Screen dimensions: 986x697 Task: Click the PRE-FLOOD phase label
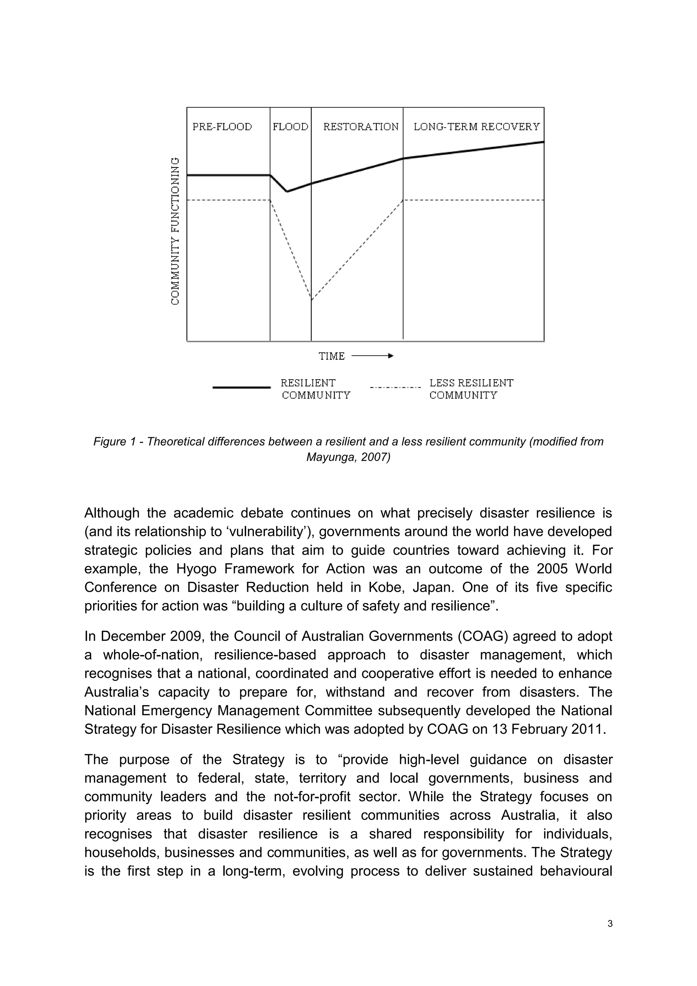tap(222, 127)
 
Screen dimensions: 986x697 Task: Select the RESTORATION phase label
tap(360, 127)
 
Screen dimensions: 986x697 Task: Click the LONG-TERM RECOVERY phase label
tap(476, 127)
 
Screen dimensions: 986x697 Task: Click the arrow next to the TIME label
tap(372, 355)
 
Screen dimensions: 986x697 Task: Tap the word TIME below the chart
tap(331, 356)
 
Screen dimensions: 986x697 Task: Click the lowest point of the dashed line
tap(312, 299)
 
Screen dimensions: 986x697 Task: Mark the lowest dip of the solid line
tap(287, 192)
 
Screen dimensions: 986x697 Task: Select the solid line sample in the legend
tap(241, 387)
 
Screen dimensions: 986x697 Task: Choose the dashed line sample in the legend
tap(395, 387)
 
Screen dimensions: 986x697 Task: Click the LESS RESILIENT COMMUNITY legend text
tap(471, 388)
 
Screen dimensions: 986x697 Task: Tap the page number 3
tap(610, 936)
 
